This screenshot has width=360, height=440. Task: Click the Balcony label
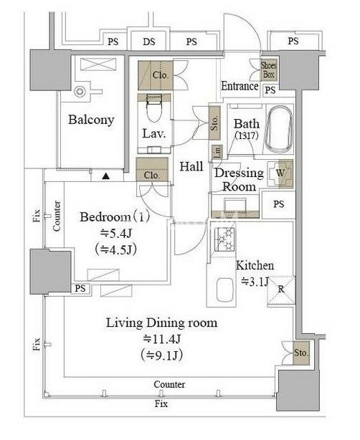(91, 120)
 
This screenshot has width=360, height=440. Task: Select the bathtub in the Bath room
(279, 129)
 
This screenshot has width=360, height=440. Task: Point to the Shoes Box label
(269, 70)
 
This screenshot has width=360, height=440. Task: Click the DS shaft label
(149, 42)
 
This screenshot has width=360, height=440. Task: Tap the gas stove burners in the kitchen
(224, 239)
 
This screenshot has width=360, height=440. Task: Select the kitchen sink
(225, 290)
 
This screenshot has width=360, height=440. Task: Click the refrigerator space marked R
(281, 290)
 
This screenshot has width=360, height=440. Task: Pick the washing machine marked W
(280, 174)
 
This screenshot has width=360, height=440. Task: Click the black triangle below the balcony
(105, 176)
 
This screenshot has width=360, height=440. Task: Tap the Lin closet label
(217, 153)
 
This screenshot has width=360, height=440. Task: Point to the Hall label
(191, 167)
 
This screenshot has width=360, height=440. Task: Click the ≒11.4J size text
(161, 340)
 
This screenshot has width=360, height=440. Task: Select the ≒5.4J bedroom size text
(116, 233)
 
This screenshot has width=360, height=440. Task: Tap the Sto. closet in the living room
(301, 353)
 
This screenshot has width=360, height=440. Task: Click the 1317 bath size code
(246, 136)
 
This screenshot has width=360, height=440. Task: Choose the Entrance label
(240, 86)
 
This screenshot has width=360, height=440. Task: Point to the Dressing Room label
(239, 180)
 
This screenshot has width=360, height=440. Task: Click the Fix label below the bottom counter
(161, 404)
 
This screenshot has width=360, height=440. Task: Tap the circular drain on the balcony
(80, 92)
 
